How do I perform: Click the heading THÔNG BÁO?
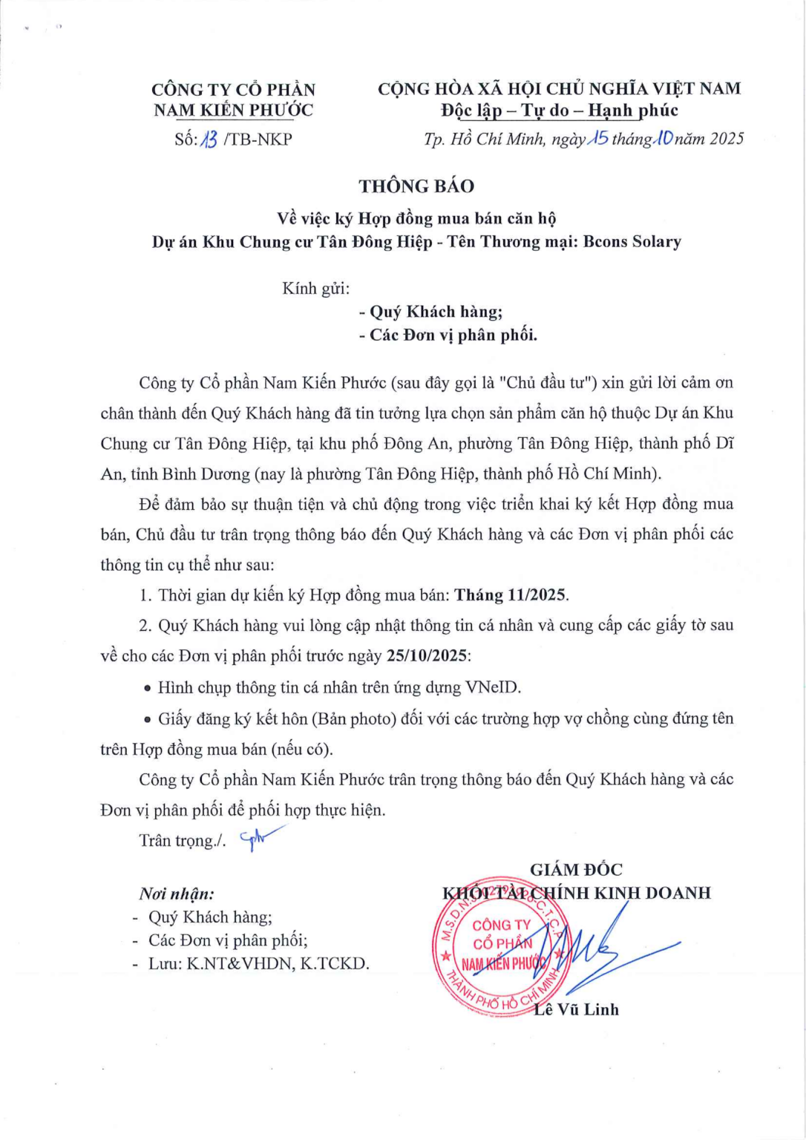point(416,186)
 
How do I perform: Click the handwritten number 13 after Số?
point(209,140)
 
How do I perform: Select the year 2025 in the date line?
point(726,139)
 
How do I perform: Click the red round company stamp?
point(502,945)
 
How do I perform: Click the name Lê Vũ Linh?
point(576,1009)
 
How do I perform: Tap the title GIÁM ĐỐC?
point(576,870)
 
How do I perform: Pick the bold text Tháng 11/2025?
point(511,595)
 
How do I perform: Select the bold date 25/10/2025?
point(427,656)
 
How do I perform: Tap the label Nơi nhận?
point(177,894)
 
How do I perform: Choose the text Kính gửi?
point(316,289)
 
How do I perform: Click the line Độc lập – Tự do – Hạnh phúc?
point(559,111)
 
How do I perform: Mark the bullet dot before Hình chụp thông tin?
point(148,689)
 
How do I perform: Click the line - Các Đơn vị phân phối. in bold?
point(448,335)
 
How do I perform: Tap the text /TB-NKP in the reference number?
point(258,140)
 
